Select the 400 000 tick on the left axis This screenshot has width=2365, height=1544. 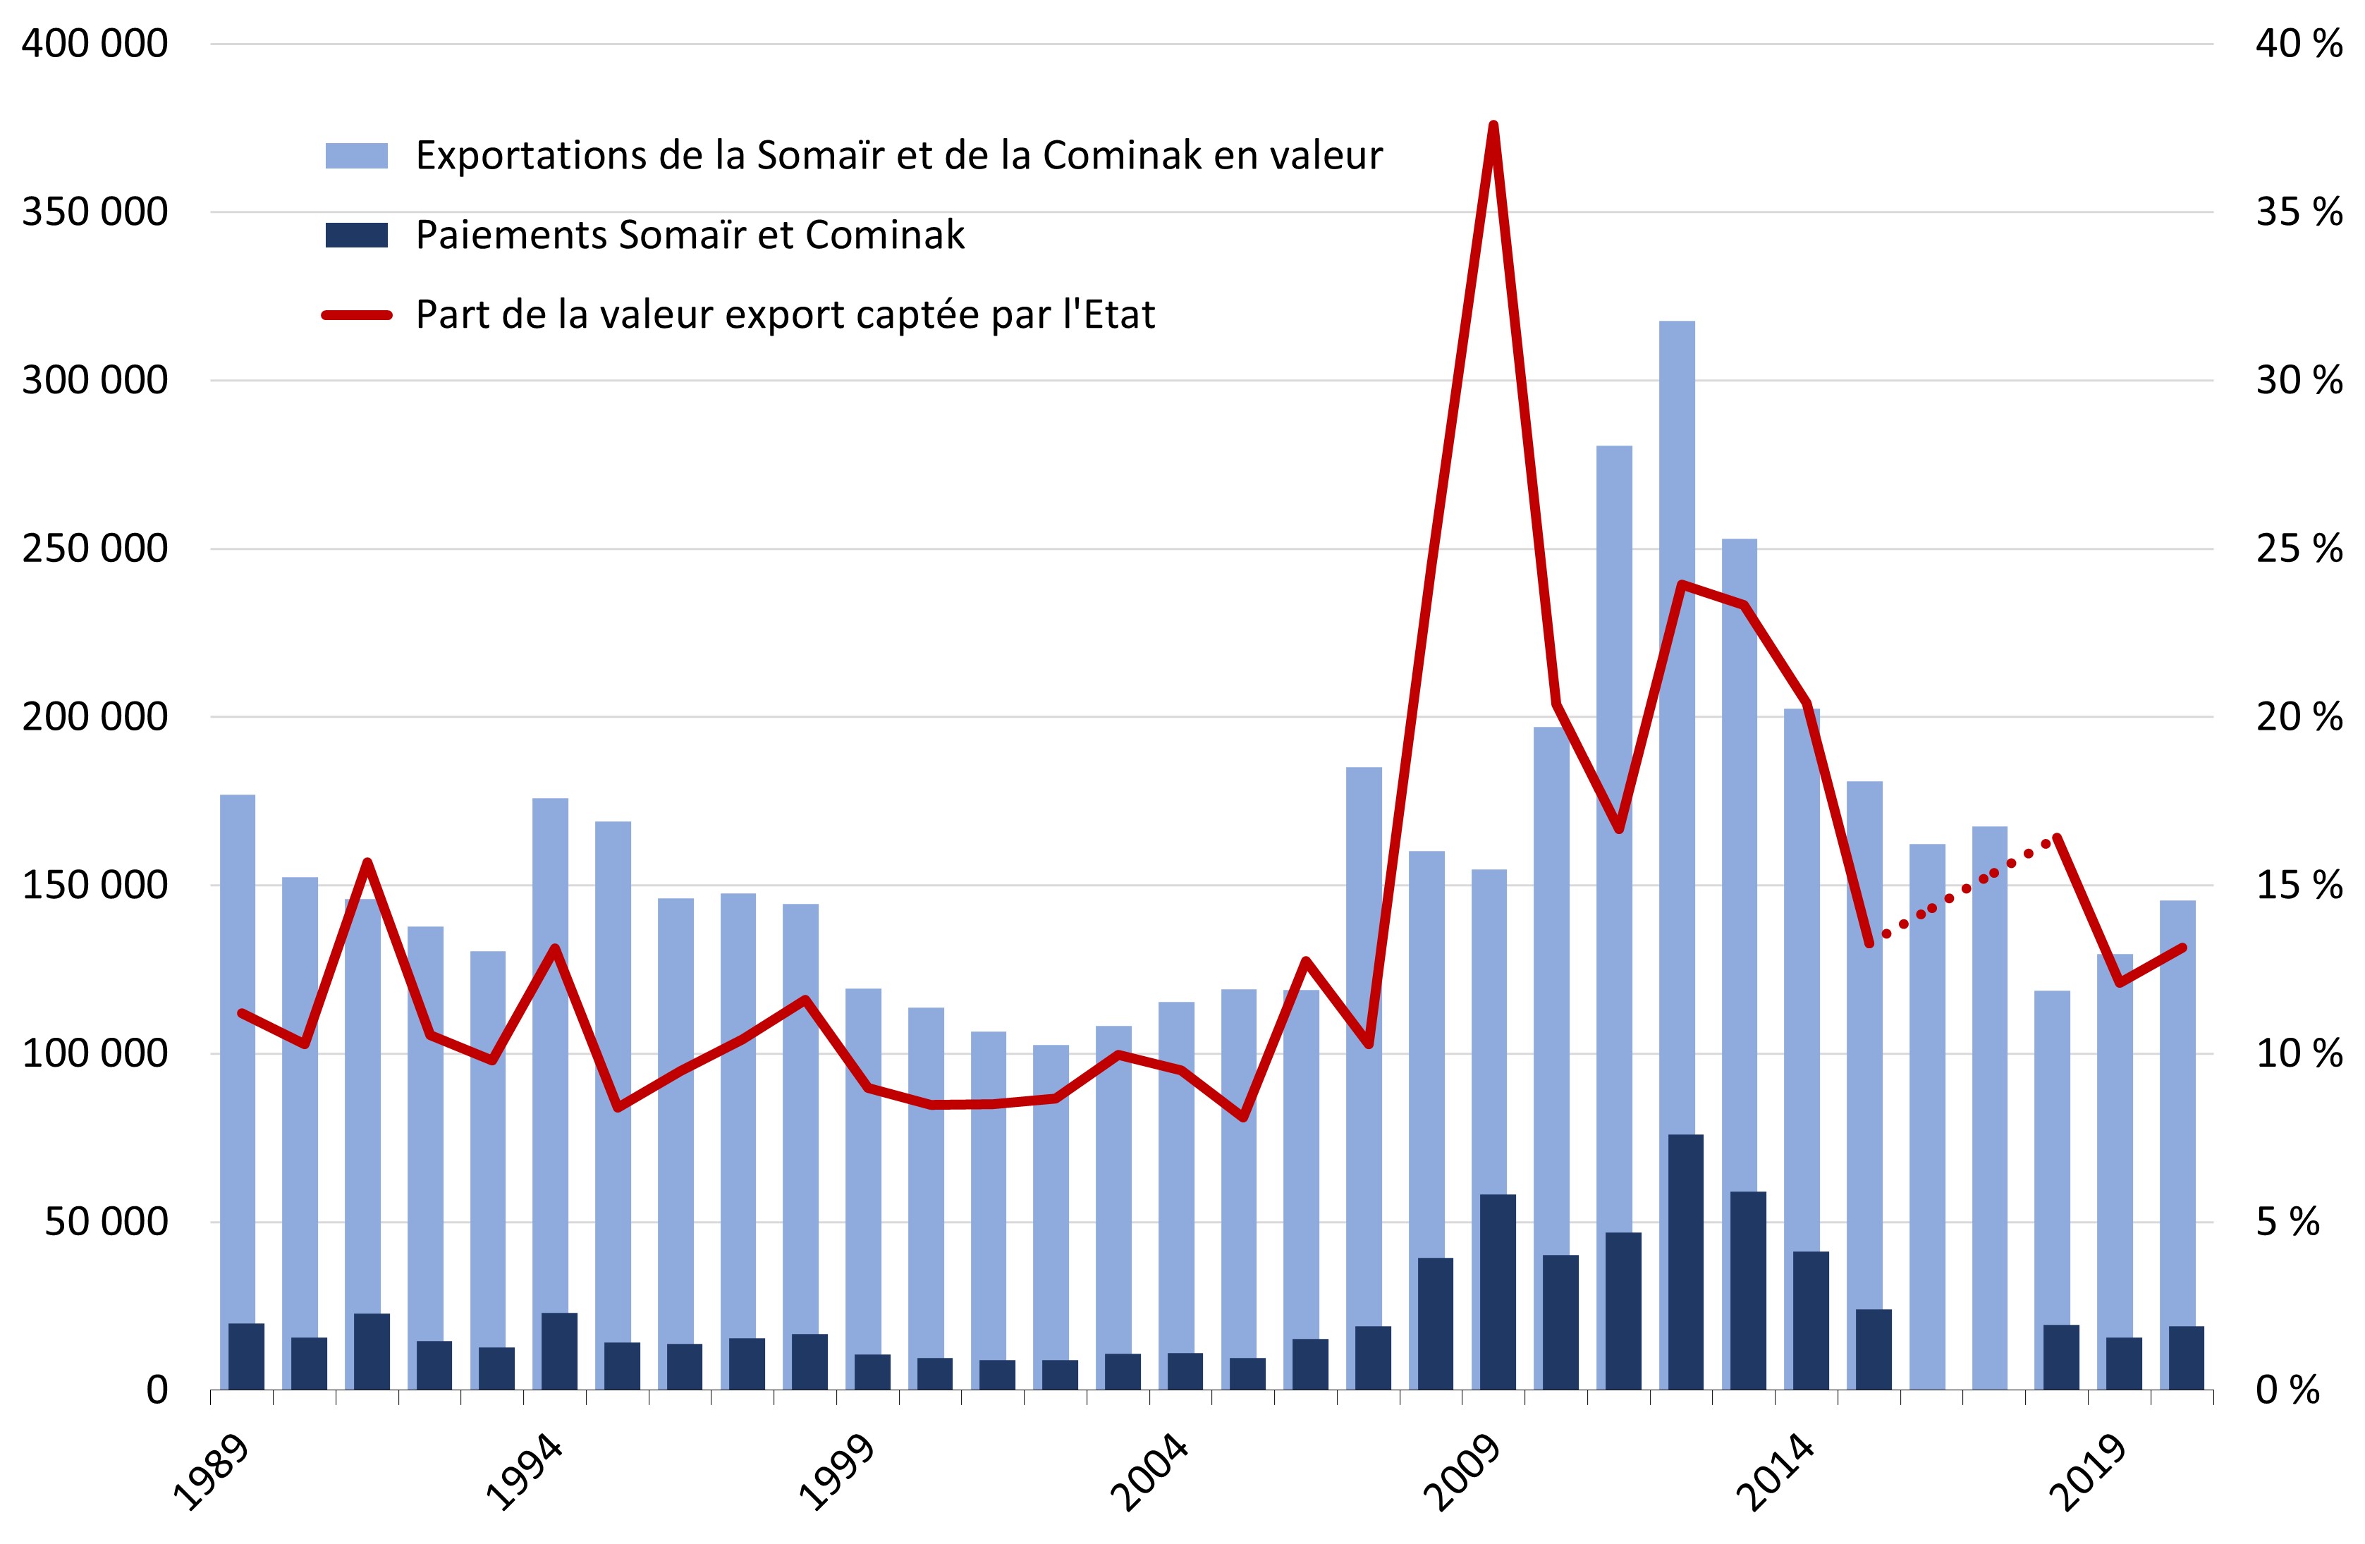tap(94, 44)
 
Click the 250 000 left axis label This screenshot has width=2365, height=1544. tap(94, 549)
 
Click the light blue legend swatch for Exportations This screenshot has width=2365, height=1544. tap(356, 156)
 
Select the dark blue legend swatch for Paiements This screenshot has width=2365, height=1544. tap(356, 235)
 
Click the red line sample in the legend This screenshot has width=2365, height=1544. tap(356, 315)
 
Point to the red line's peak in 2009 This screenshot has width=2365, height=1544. tap(1493, 126)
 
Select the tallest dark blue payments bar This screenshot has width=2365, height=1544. tap(1685, 1262)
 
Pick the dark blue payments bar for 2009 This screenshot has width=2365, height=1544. tap(1498, 1292)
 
